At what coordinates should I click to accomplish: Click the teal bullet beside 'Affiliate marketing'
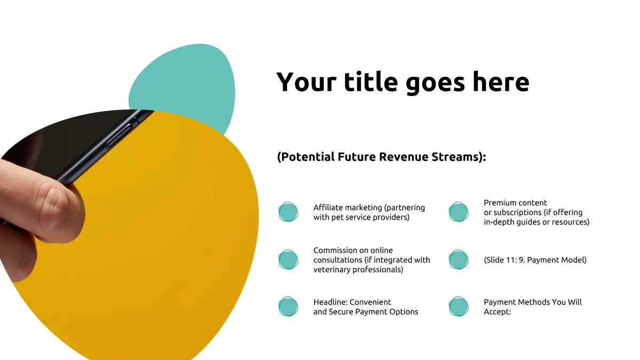point(288,212)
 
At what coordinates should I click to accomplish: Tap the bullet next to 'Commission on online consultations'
point(288,260)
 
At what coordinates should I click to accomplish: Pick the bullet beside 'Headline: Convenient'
point(288,307)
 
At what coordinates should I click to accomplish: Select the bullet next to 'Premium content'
point(458,212)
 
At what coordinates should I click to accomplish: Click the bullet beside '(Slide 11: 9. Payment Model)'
point(458,260)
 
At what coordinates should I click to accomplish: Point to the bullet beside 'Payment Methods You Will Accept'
point(458,307)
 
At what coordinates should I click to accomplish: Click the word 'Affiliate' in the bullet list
point(329,207)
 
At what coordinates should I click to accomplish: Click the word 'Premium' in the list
point(498,203)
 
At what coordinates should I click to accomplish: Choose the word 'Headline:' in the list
point(330,302)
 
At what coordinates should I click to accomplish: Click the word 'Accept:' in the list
point(497,311)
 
